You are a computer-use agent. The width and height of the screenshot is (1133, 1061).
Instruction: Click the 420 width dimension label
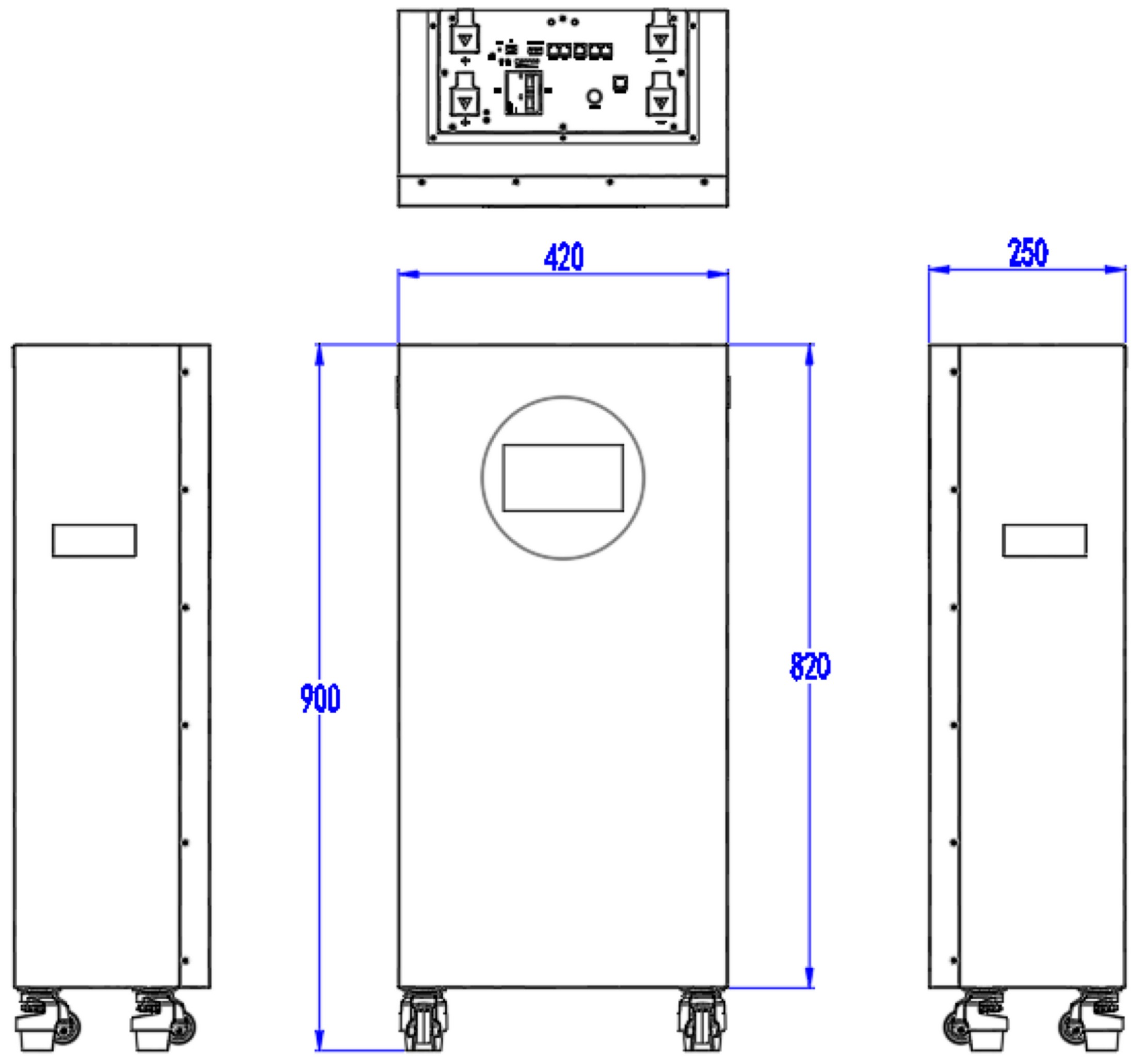(563, 257)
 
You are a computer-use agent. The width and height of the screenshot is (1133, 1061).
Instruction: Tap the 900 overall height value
(320, 698)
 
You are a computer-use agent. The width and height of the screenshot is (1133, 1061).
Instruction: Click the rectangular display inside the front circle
(562, 478)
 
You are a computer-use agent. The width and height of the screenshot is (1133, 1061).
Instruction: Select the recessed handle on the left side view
(94, 540)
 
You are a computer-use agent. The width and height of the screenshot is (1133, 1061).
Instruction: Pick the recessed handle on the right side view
(1044, 540)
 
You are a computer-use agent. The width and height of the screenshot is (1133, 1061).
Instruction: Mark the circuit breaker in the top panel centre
(524, 93)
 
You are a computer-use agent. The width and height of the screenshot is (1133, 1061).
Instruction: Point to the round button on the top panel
(594, 97)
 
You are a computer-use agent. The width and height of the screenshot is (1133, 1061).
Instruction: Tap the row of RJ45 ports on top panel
(579, 51)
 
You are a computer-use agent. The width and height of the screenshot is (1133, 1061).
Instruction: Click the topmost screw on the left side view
(186, 372)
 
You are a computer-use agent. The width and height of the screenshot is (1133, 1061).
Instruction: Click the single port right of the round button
(621, 84)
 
